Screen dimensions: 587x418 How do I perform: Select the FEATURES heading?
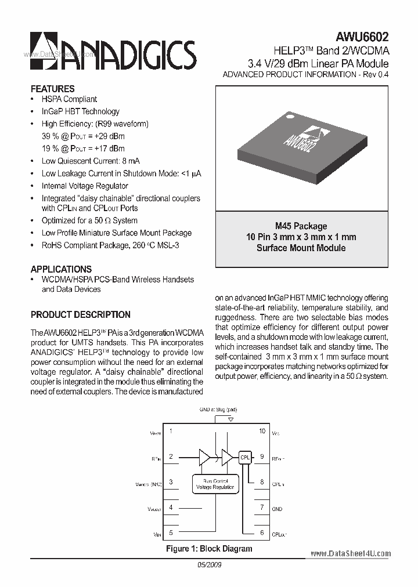coord(52,89)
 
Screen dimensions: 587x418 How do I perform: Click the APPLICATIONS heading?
coord(61,269)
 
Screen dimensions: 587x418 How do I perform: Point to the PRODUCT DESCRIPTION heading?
coord(80,314)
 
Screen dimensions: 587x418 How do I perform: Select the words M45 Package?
coord(301,226)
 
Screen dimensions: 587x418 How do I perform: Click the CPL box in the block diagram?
coord(244,457)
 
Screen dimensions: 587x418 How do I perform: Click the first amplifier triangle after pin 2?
coord(204,457)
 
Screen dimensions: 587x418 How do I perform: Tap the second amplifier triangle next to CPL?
coord(226,457)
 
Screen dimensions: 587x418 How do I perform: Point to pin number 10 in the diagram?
coord(262,432)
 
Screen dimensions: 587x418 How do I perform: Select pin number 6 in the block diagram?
coord(262,532)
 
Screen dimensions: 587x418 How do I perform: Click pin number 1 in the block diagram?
coord(171,432)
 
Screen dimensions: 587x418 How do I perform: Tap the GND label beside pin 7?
coord(277,509)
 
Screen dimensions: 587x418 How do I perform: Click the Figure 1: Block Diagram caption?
coord(209,549)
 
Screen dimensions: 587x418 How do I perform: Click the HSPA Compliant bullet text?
coord(69,99)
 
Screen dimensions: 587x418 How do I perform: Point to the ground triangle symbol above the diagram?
coord(230,419)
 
